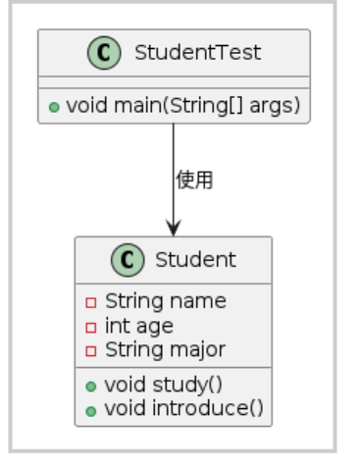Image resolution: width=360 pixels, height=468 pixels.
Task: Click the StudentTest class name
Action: tap(197, 52)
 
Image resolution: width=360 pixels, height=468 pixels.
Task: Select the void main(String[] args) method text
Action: tap(182, 105)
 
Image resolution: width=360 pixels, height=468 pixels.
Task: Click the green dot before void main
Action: tap(54, 106)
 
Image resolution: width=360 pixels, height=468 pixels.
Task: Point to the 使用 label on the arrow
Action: tap(194, 180)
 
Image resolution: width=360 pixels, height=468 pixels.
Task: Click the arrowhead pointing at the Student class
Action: tap(174, 228)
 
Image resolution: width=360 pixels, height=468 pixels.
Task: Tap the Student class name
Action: tap(195, 260)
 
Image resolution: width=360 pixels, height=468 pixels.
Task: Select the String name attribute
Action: tap(165, 301)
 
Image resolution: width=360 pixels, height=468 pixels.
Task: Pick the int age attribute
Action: tap(138, 326)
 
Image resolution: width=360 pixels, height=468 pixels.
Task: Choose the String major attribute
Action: tap(165, 349)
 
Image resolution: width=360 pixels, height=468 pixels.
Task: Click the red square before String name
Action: tap(91, 302)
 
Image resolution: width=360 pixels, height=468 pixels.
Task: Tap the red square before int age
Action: tap(91, 327)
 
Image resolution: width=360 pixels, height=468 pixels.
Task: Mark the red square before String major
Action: tap(91, 350)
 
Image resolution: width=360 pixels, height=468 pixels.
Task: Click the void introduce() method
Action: tap(183, 408)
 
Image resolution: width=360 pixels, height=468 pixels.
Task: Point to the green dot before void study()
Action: tap(91, 385)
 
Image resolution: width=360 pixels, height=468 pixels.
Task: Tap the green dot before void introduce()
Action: tap(91, 409)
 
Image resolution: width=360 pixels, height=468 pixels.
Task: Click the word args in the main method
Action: tap(278, 106)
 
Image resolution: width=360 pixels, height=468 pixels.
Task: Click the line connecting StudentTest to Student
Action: tap(174, 157)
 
